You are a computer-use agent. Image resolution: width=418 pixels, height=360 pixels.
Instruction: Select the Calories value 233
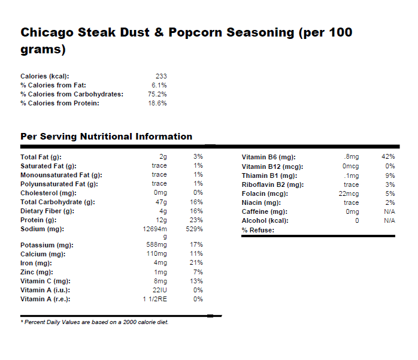click(x=161, y=76)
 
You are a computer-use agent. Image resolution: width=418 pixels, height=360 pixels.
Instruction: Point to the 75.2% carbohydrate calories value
click(x=157, y=94)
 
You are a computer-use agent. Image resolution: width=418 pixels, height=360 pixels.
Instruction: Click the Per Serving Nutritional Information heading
click(x=106, y=137)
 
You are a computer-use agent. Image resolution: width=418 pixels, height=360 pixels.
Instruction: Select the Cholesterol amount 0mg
click(x=160, y=193)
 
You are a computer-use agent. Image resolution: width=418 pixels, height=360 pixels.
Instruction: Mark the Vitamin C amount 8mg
click(x=160, y=281)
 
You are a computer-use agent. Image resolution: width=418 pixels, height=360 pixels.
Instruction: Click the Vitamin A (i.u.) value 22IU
click(x=159, y=290)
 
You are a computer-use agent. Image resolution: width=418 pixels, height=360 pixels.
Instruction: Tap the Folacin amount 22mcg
click(x=349, y=193)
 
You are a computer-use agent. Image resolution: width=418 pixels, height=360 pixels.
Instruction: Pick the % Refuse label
click(x=258, y=230)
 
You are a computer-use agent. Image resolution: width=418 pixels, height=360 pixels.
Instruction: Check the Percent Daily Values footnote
click(x=95, y=322)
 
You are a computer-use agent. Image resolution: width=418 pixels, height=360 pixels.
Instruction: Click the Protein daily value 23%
click(x=197, y=220)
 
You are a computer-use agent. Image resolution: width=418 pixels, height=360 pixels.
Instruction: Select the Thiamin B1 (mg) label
click(x=269, y=176)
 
